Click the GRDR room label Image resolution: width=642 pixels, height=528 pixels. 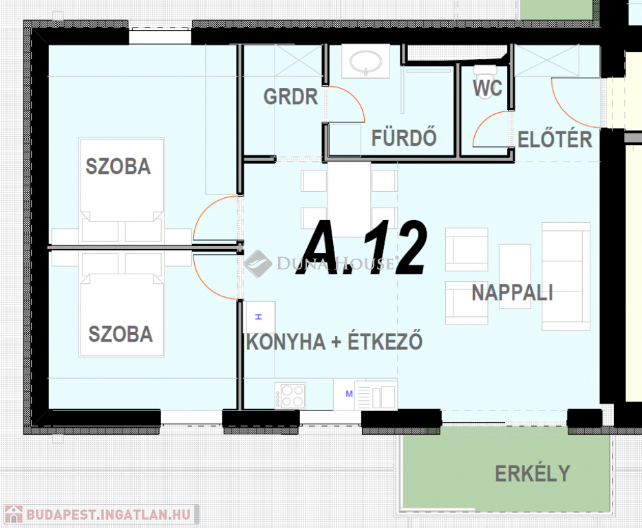(x=290, y=97)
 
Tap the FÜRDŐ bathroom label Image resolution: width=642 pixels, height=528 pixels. (x=404, y=137)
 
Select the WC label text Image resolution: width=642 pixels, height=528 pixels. (x=487, y=88)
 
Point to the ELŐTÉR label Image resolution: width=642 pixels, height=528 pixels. (x=555, y=140)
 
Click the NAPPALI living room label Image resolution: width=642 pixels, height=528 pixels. (x=512, y=293)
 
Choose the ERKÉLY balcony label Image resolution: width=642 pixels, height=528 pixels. (x=533, y=474)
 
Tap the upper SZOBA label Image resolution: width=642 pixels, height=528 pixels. (x=118, y=166)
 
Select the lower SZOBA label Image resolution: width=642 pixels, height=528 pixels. (x=121, y=333)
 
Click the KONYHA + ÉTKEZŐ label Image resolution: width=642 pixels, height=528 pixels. (x=334, y=341)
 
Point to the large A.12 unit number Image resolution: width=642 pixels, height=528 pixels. (x=361, y=248)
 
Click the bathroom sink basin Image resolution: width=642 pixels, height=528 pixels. (x=365, y=62)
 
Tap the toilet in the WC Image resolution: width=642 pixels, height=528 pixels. (x=485, y=72)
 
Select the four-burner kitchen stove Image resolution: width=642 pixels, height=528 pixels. (x=290, y=395)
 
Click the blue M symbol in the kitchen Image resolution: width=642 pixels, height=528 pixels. (x=349, y=393)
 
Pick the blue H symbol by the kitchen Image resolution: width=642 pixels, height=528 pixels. (x=258, y=316)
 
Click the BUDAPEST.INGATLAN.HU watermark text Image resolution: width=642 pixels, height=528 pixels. (x=108, y=514)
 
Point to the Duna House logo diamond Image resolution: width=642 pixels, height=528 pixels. (x=258, y=264)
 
